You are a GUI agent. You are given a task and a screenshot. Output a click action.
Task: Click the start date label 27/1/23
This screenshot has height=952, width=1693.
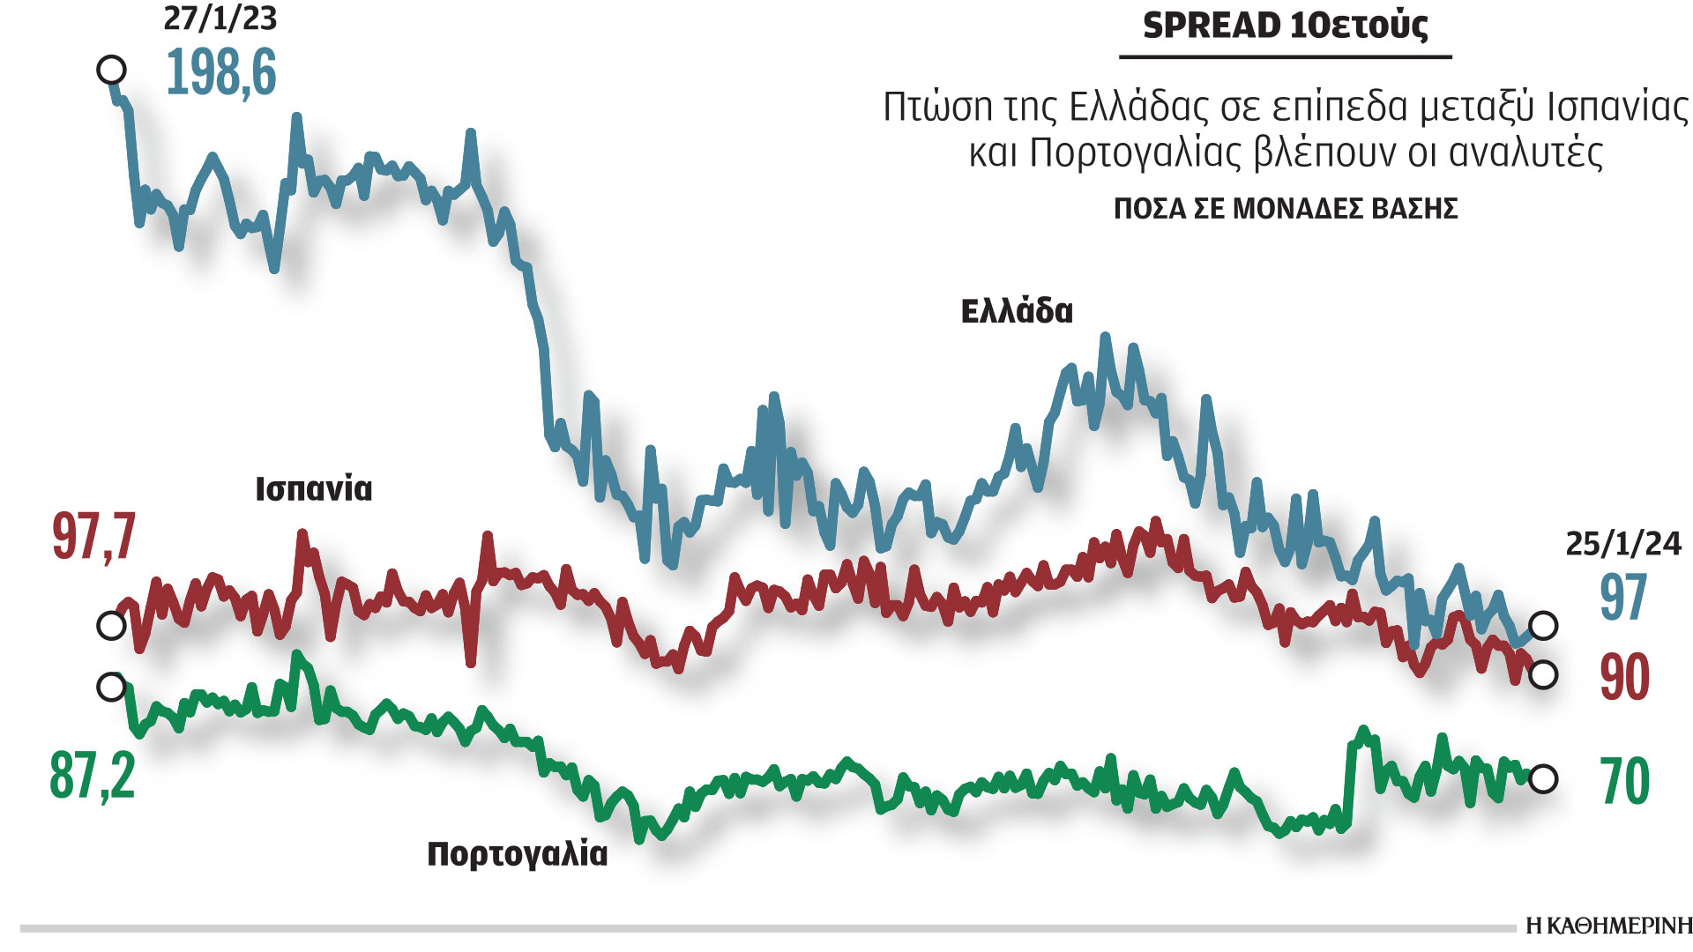(220, 18)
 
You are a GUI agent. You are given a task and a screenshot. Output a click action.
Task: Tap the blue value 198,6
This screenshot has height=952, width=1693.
(220, 72)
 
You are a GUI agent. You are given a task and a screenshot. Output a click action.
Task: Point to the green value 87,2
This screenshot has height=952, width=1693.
(93, 776)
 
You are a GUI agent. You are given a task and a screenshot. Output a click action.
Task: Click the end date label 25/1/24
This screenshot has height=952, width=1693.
(1623, 544)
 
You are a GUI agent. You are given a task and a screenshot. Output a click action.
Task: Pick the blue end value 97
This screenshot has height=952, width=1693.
(1623, 598)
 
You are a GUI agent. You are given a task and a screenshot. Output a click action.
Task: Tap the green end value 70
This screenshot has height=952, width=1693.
(1624, 781)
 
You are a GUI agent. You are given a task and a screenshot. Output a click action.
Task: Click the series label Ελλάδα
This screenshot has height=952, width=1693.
(1017, 311)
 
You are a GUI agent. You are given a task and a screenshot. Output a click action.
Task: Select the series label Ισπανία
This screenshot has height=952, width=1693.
(314, 488)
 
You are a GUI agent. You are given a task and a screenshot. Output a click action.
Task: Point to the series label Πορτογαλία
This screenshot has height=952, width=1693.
(518, 853)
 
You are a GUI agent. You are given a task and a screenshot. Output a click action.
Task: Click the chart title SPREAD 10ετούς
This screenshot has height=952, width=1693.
(1285, 26)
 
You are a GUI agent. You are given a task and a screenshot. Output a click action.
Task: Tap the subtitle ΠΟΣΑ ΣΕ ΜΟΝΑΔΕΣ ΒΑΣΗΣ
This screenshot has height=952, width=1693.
(1286, 209)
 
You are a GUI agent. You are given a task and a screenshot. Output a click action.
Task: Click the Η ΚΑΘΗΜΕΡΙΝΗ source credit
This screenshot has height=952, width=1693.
(1609, 926)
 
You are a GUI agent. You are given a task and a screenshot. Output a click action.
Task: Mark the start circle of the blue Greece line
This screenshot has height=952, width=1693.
(111, 69)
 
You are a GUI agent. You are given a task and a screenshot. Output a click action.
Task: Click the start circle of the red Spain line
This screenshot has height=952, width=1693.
(111, 626)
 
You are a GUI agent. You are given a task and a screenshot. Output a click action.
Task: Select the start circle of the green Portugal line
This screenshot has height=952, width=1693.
(111, 687)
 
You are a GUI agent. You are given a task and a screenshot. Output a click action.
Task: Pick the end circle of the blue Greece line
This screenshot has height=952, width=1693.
(1543, 626)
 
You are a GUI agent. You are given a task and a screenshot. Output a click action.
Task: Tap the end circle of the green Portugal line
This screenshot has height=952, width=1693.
(1543, 779)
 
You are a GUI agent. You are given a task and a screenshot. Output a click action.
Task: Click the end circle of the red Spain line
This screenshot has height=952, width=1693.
(1543, 675)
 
